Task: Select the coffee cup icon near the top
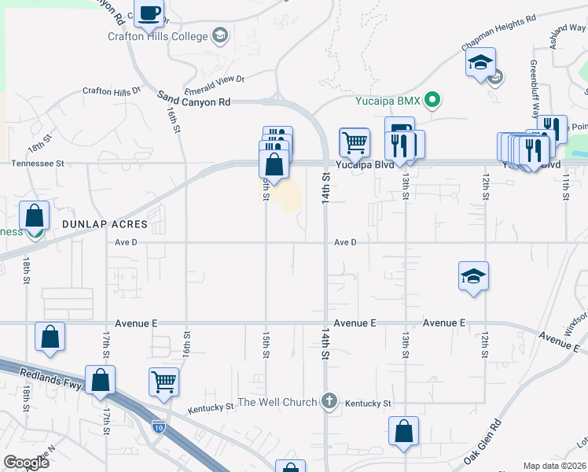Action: (149, 13)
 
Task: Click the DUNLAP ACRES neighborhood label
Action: (105, 225)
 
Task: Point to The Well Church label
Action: (277, 403)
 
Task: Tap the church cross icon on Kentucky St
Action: (330, 402)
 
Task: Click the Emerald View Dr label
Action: (215, 79)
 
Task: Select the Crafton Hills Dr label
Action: (111, 90)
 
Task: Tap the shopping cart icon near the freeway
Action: (164, 382)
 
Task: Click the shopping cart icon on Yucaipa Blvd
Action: (355, 142)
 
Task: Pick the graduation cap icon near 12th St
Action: (473, 275)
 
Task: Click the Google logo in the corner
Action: (26, 463)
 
